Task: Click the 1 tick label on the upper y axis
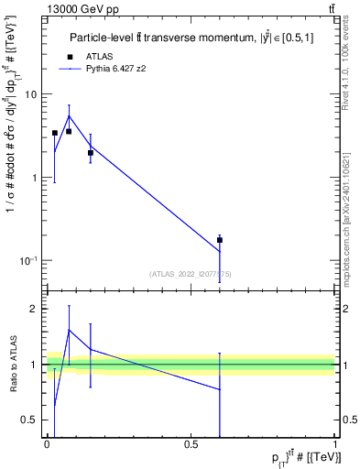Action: point(34,178)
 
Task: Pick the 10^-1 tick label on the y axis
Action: point(28,261)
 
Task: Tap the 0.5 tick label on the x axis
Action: point(191,443)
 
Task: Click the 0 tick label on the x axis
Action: point(47,443)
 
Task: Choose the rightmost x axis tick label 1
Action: point(334,443)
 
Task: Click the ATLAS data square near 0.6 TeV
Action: point(220,240)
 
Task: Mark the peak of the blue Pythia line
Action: point(69,115)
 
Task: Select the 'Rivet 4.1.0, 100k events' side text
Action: point(351,63)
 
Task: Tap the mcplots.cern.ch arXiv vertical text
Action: point(351,211)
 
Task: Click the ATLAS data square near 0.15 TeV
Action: point(90,153)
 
